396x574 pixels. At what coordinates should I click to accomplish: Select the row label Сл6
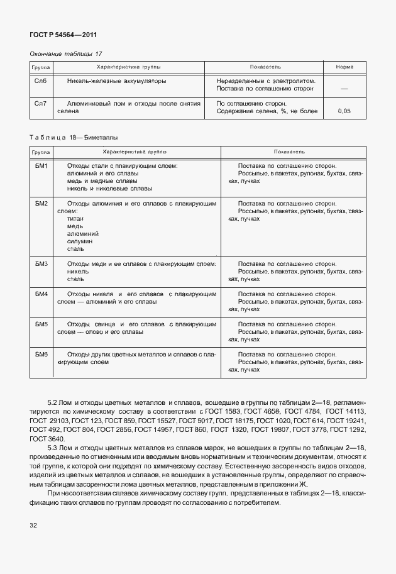41,81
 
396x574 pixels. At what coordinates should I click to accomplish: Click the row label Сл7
41,103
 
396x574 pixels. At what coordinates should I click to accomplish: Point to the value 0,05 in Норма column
344,111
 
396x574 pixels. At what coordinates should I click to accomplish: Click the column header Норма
344,67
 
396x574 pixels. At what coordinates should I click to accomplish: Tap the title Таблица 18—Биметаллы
74,136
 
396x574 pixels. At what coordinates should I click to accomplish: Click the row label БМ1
42,165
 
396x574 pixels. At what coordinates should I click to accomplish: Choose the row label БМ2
42,203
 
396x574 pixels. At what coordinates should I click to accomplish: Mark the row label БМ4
42,294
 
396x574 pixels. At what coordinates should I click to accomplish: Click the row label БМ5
42,324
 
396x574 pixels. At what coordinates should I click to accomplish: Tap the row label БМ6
42,354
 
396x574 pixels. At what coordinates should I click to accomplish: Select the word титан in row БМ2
75,219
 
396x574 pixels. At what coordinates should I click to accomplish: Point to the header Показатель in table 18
289,152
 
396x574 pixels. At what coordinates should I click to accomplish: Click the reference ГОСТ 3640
47,438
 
